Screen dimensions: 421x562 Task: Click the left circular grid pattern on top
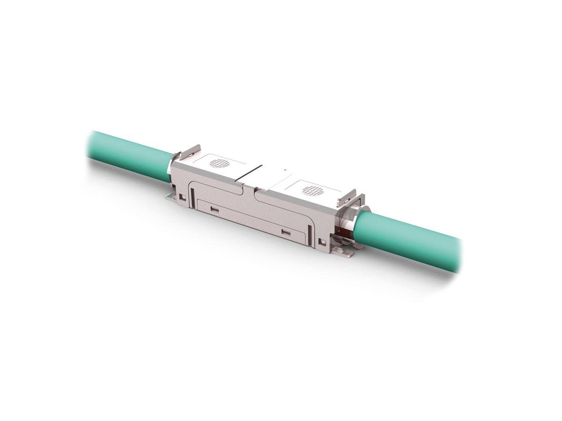[219, 163]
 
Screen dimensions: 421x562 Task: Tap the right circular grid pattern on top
[312, 190]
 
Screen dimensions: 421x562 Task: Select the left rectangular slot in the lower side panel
[214, 210]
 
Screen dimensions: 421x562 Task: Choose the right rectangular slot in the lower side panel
[285, 231]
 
